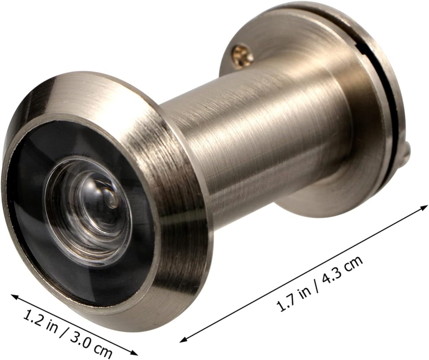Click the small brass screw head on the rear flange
pyautogui.click(x=243, y=56)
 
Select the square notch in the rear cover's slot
pyautogui.click(x=363, y=42)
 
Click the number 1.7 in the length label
pyautogui.click(x=287, y=303)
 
